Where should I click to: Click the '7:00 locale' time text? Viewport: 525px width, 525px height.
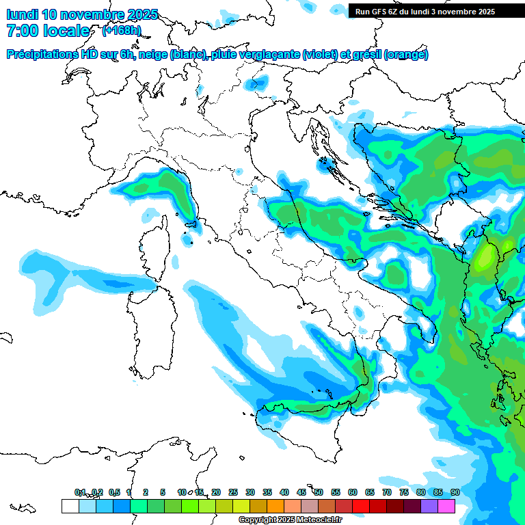coord(48,31)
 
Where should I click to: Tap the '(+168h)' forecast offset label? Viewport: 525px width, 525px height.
coord(122,30)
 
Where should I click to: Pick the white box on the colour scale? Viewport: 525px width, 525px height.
coord(70,506)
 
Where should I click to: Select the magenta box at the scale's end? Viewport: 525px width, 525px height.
coord(446,506)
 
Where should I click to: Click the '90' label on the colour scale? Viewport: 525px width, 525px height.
coord(455,492)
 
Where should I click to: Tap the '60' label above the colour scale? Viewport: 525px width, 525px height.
coord(352,492)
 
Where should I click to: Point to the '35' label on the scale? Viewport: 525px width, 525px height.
coord(267,492)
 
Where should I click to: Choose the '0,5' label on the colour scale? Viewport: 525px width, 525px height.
coord(114,492)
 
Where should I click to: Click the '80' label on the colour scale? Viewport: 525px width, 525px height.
coord(420,492)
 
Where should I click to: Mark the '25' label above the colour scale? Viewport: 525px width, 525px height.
coord(232,492)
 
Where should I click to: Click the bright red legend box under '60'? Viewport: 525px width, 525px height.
coord(361,506)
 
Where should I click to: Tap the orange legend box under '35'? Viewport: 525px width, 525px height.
coord(275,506)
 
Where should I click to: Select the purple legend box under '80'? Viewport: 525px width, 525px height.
coord(429,506)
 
